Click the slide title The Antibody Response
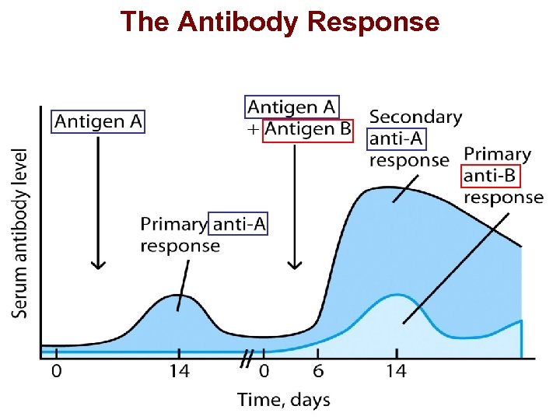click(280, 21)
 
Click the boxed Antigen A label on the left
click(99, 121)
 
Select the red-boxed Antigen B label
click(307, 128)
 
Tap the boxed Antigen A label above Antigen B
click(292, 107)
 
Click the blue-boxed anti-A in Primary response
click(239, 224)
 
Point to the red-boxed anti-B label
click(489, 176)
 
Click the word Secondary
click(415, 117)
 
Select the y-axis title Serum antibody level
click(20, 233)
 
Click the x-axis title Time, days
click(283, 401)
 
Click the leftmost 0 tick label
click(56, 372)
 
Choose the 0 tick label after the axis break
click(264, 372)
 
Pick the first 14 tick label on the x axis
click(179, 372)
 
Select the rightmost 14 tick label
click(396, 372)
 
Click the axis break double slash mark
click(246, 359)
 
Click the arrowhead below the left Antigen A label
click(97, 264)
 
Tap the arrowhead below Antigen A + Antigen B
click(294, 264)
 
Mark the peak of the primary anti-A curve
click(178, 296)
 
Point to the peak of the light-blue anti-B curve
click(397, 295)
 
